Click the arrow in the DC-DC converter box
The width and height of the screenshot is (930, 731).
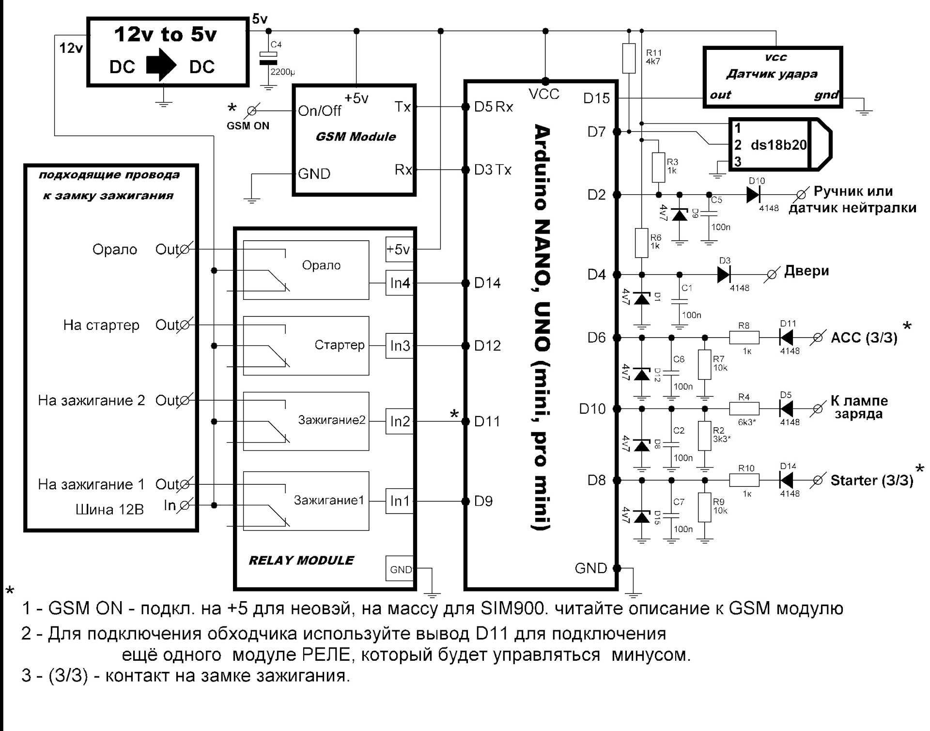162,67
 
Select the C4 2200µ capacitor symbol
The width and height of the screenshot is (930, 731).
268,59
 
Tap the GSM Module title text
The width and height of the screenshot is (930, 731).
356,137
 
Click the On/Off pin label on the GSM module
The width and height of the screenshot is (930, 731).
320,111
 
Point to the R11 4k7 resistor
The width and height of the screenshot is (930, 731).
629,58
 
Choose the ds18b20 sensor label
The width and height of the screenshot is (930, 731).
778,145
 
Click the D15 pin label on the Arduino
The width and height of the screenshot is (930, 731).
596,98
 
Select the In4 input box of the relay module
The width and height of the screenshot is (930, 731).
400,283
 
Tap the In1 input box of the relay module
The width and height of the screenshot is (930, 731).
400,501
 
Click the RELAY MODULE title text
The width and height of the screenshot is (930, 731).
301,560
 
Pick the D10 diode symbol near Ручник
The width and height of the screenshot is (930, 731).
753,195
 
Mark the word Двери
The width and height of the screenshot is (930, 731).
806,271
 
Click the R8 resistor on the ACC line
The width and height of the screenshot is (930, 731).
744,337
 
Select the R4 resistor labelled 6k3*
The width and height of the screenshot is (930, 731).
744,409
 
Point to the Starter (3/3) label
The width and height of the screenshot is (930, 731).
871,481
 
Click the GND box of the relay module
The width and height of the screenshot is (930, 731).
401,570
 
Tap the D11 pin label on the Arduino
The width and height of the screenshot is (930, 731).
487,421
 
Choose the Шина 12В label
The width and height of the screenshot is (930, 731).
109,510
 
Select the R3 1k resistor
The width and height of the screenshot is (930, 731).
658,168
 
